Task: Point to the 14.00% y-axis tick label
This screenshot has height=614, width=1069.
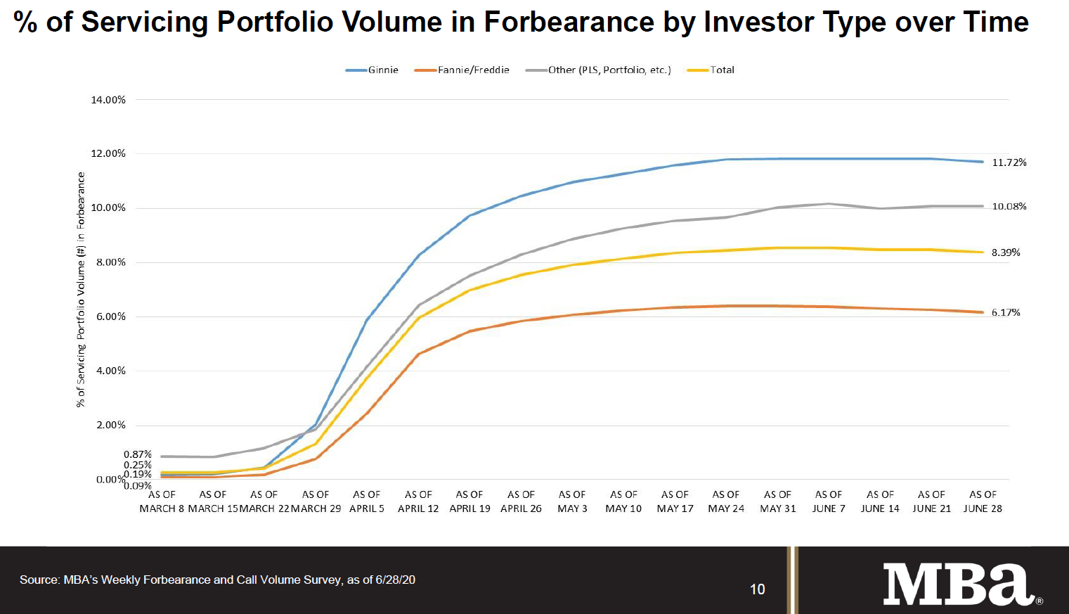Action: [108, 100]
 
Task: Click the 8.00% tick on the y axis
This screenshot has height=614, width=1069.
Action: [111, 262]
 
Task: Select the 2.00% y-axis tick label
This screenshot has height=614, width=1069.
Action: [111, 425]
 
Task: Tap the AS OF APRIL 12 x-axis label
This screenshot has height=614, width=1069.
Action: [418, 501]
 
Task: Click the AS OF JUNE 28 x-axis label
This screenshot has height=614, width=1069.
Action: [983, 501]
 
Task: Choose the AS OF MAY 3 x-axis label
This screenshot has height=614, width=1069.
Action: [572, 501]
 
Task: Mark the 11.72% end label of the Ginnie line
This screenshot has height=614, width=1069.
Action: [1009, 162]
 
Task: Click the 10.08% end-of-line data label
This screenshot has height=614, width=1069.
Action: [1009, 207]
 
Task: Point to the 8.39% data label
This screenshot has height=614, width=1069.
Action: [1006, 252]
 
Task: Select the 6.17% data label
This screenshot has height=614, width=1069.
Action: [1006, 312]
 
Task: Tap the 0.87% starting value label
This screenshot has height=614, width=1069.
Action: [138, 454]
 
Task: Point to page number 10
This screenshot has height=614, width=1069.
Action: [757, 589]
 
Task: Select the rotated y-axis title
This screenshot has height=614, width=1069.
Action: [81, 290]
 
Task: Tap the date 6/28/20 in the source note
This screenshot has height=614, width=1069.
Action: [395, 580]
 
